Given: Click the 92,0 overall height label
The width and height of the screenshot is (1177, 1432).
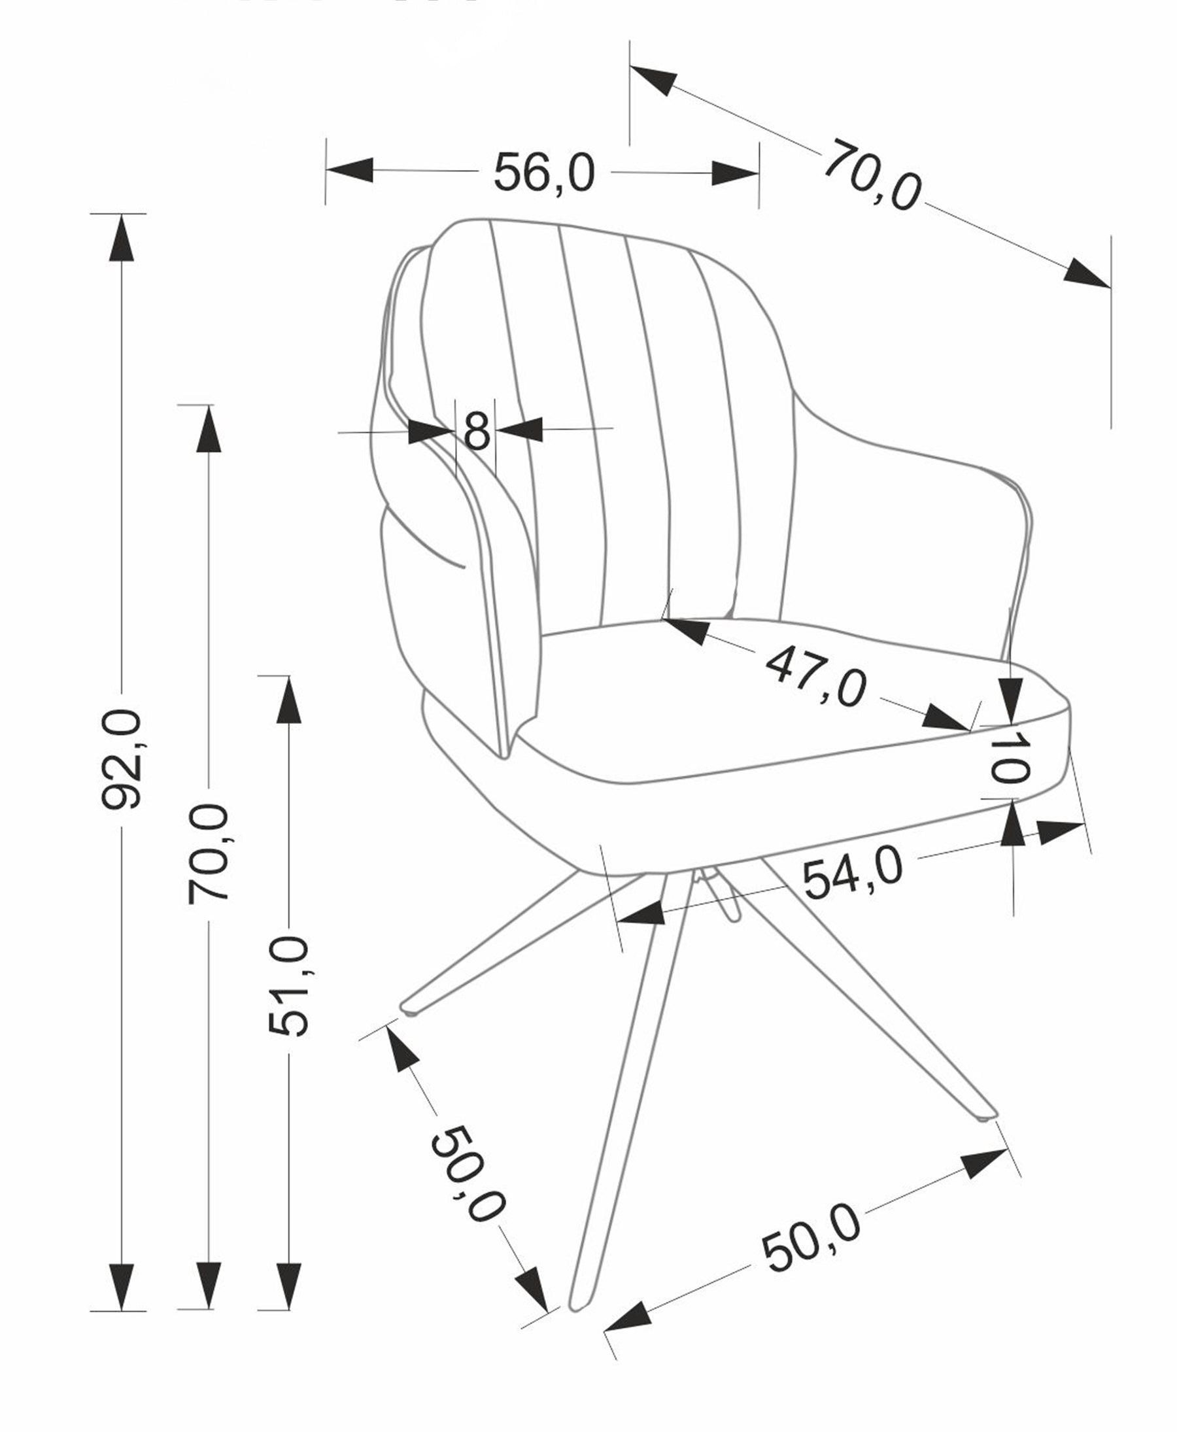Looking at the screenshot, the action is tap(122, 759).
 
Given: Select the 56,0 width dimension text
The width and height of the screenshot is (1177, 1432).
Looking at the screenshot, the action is tap(544, 173).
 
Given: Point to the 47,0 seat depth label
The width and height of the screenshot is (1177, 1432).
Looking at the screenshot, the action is tap(815, 677).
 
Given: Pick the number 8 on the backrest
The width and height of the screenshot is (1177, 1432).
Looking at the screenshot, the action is tap(477, 430).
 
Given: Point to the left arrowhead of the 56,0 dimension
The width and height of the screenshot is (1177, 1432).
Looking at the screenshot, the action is tap(350, 169).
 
